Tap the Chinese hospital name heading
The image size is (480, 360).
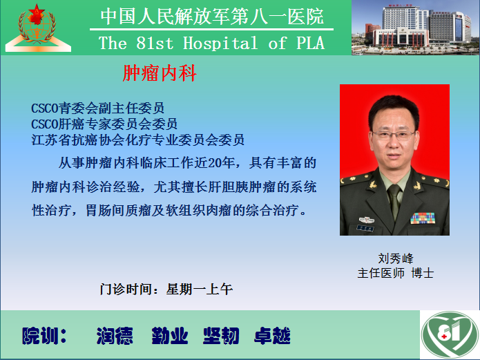pos(212,17)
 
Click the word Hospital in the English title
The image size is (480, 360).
pos(220,43)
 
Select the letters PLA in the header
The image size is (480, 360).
pos(310,43)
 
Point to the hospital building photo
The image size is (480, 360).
pos(415,28)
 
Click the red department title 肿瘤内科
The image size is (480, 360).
pos(160,73)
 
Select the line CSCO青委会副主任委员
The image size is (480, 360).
pos(97,108)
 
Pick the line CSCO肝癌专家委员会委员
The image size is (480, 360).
pos(104,124)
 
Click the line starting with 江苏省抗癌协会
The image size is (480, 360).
pos(137,140)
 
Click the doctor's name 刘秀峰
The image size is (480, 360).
pos(396,258)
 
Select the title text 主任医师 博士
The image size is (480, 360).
pos(396,273)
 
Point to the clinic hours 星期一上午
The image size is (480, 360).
pos(200,289)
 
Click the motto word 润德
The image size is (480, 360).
pos(115,336)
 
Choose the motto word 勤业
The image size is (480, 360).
pos(170,336)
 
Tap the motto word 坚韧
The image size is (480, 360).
pos(221,336)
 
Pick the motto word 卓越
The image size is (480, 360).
pos(272,336)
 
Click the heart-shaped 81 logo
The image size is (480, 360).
pos(450,335)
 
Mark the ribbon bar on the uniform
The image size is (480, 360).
pos(423,218)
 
